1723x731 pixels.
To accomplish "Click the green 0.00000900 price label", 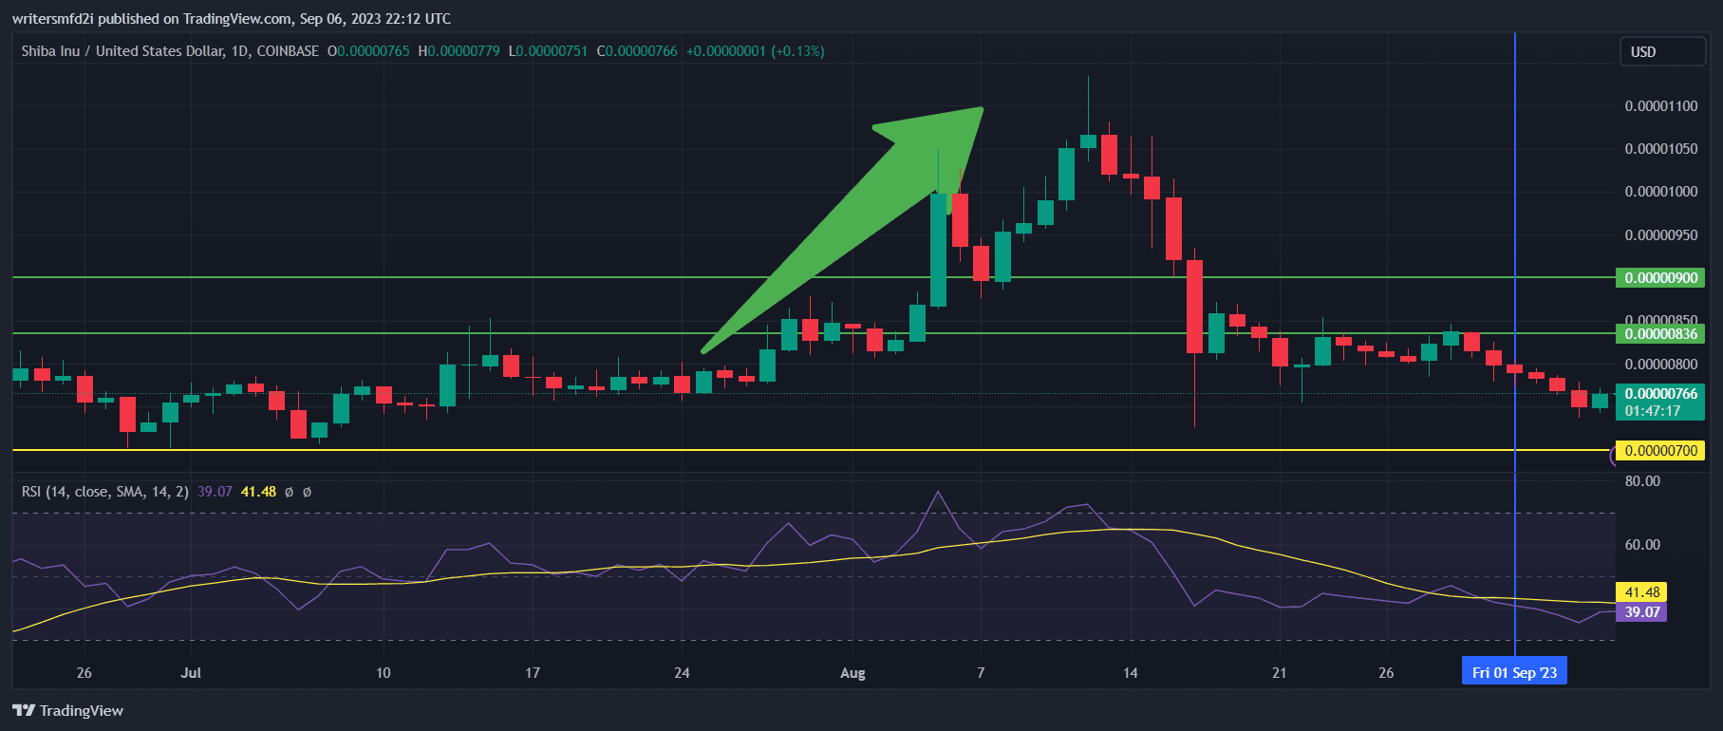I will (1660, 278).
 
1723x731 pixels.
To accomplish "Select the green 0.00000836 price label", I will (1660, 334).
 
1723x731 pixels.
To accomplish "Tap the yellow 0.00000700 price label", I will (1660, 451).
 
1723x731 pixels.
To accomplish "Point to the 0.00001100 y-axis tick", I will (1660, 106).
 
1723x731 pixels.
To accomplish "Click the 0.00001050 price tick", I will (1660, 149).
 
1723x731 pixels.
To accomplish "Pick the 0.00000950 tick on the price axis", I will (1660, 235).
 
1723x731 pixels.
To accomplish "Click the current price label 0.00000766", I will (1660, 394).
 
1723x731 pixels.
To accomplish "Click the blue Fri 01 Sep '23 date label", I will (1514, 672).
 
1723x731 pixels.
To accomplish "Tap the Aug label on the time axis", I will (852, 673).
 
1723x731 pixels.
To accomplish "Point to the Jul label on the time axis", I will (191, 673).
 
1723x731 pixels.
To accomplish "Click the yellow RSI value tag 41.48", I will (1642, 592).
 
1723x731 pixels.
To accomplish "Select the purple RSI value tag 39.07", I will (1642, 612).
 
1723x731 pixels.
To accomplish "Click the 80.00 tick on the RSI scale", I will (1642, 481).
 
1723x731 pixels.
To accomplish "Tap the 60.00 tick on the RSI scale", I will (1642, 545).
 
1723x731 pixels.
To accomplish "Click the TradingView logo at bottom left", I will (67, 711).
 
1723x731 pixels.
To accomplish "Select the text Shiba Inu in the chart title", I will (50, 51).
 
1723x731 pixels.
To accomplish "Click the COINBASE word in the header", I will (288, 51).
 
